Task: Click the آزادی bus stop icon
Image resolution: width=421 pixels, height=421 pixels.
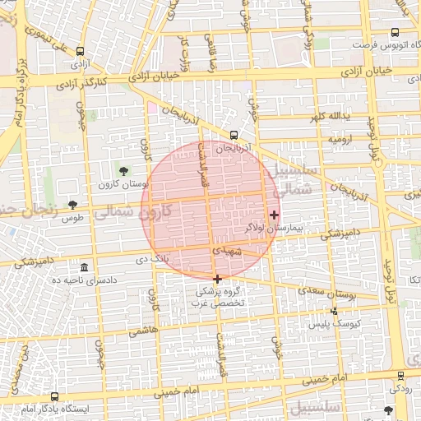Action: pyautogui.click(x=80, y=51)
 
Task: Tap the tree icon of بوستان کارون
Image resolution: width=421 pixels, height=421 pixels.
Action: pyautogui.click(x=123, y=171)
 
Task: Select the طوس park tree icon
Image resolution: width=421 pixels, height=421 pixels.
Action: pyautogui.click(x=73, y=205)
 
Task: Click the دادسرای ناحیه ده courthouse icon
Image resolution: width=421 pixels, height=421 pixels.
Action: pyautogui.click(x=86, y=268)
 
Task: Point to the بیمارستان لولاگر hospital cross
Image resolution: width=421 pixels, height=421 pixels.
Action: pyautogui.click(x=274, y=215)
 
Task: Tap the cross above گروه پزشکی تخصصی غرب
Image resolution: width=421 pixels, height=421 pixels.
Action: pyautogui.click(x=217, y=279)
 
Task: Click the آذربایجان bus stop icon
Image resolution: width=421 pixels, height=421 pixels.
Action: pyautogui.click(x=234, y=135)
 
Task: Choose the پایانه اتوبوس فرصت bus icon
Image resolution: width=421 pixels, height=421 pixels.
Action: pyautogui.click(x=396, y=33)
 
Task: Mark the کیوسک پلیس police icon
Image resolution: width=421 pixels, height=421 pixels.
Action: pyautogui.click(x=334, y=311)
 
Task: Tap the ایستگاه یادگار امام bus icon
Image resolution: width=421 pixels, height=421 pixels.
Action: pyautogui.click(x=55, y=396)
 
